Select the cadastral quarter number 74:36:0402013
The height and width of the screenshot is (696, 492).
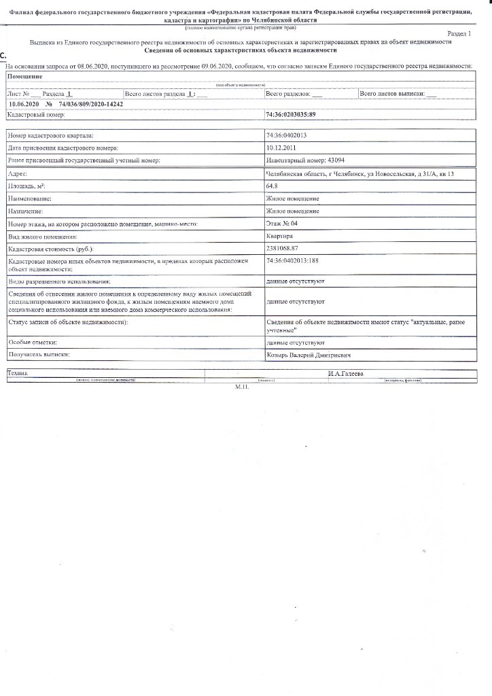pos(287,136)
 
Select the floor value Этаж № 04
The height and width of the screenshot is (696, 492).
pos(282,224)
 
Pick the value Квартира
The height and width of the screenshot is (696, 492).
pos(280,236)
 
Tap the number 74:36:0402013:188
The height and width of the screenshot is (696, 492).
pos(293,261)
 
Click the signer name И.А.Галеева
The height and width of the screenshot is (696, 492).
pos(345,374)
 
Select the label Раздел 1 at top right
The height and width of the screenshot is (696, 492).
pos(463,33)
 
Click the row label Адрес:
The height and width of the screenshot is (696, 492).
pos(18,174)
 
